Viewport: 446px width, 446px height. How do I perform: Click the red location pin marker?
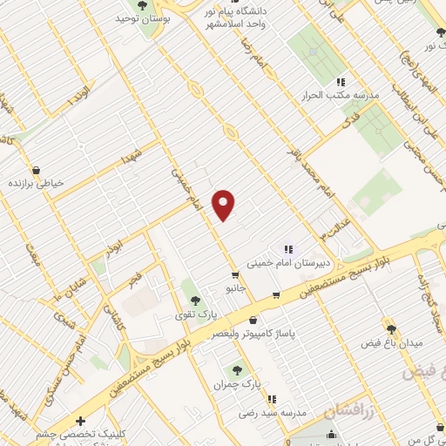point(225,203)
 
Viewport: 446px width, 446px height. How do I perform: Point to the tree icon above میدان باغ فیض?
point(390,329)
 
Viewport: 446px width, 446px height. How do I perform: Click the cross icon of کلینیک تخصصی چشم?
point(80,421)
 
